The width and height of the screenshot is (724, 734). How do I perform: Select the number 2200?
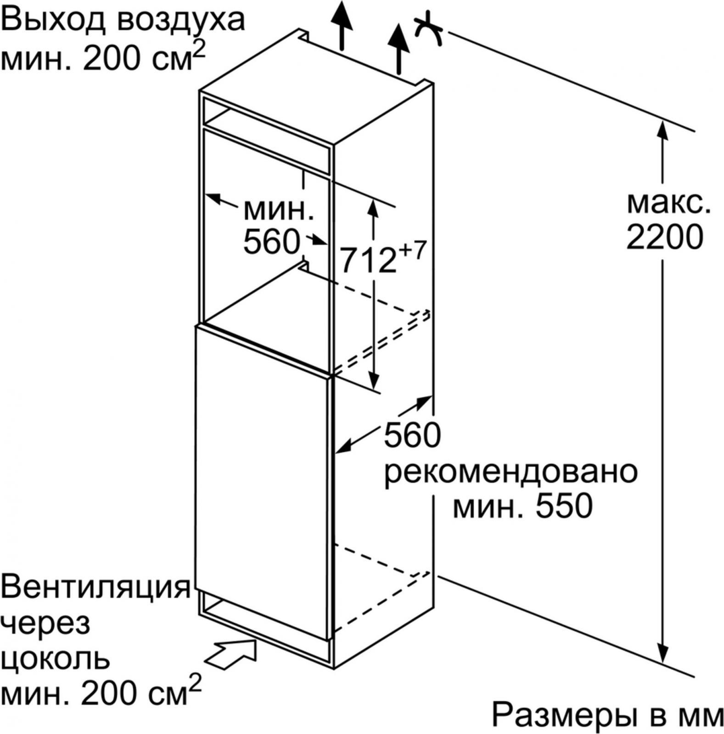pos(665,237)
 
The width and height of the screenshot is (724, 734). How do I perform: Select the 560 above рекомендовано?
pos(412,435)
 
